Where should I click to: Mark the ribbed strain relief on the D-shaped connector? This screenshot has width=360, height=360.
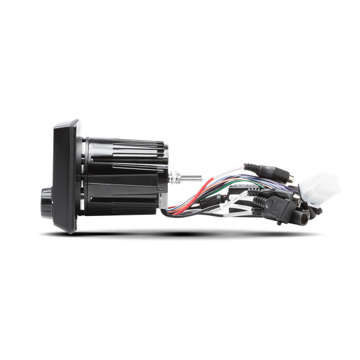pos(260,202)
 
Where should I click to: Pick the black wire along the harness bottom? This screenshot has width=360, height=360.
pos(207,213)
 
